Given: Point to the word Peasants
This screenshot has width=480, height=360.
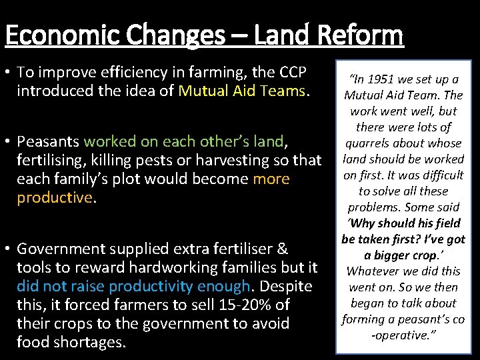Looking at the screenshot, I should pyautogui.click(x=47, y=141).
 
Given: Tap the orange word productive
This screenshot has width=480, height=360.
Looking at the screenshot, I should pyautogui.click(x=53, y=197).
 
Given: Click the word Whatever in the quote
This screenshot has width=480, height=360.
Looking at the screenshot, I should pyautogui.click(x=375, y=271).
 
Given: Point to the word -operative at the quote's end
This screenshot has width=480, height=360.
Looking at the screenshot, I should pyautogui.click(x=403, y=335).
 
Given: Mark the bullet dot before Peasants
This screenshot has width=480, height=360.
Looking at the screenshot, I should pyautogui.click(x=9, y=142).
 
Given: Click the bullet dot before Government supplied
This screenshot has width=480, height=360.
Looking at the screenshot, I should pyautogui.click(x=9, y=249).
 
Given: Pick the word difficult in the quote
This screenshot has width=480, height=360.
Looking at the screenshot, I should pyautogui.click(x=441, y=175).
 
